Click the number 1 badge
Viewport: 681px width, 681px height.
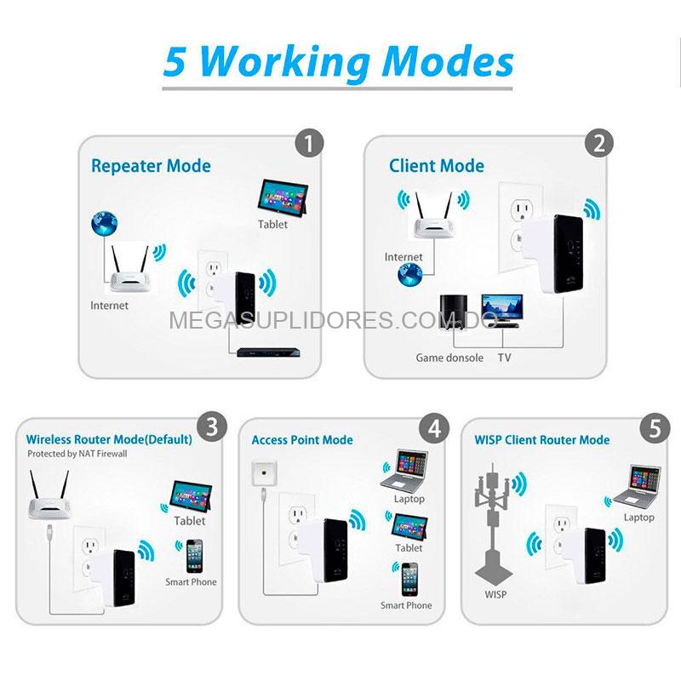pos(308,142)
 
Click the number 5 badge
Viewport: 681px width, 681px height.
pos(654,427)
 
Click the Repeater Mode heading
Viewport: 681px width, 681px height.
pos(151,166)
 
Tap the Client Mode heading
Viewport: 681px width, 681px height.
pos(436,166)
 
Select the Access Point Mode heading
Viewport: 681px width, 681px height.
pos(302,440)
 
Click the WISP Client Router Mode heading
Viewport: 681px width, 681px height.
pos(541,440)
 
